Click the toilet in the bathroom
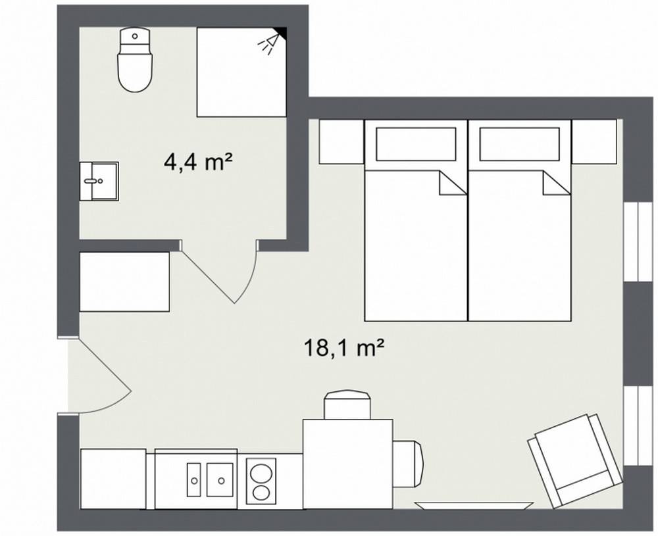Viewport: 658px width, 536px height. click(135, 62)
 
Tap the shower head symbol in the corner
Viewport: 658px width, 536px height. click(268, 42)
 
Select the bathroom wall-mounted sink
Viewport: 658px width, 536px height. click(99, 181)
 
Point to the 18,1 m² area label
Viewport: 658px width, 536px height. click(343, 347)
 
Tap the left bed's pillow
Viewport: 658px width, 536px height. click(415, 143)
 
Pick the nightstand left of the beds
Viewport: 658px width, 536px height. click(341, 141)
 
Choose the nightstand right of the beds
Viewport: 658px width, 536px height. click(594, 141)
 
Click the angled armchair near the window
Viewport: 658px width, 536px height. click(574, 460)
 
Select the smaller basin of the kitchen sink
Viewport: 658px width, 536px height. click(194, 480)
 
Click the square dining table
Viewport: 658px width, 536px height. click(347, 464)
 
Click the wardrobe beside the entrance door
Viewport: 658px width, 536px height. click(124, 281)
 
